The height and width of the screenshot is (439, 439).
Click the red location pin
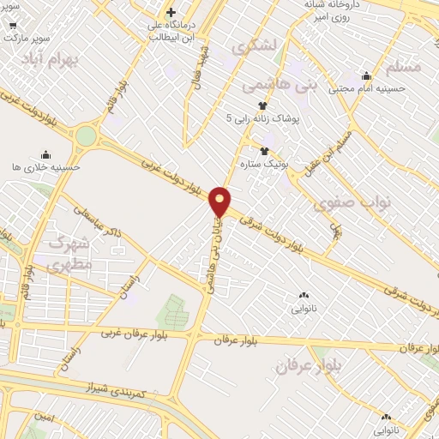click(220, 201)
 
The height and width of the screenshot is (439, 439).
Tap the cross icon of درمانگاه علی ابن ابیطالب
click(171, 13)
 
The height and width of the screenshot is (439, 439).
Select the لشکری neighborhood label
click(257, 46)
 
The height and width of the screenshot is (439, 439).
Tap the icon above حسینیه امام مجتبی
click(366, 75)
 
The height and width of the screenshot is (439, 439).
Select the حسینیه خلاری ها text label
click(47, 167)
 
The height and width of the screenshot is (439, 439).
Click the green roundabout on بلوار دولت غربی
click(86, 135)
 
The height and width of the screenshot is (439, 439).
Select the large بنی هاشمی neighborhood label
click(268, 86)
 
